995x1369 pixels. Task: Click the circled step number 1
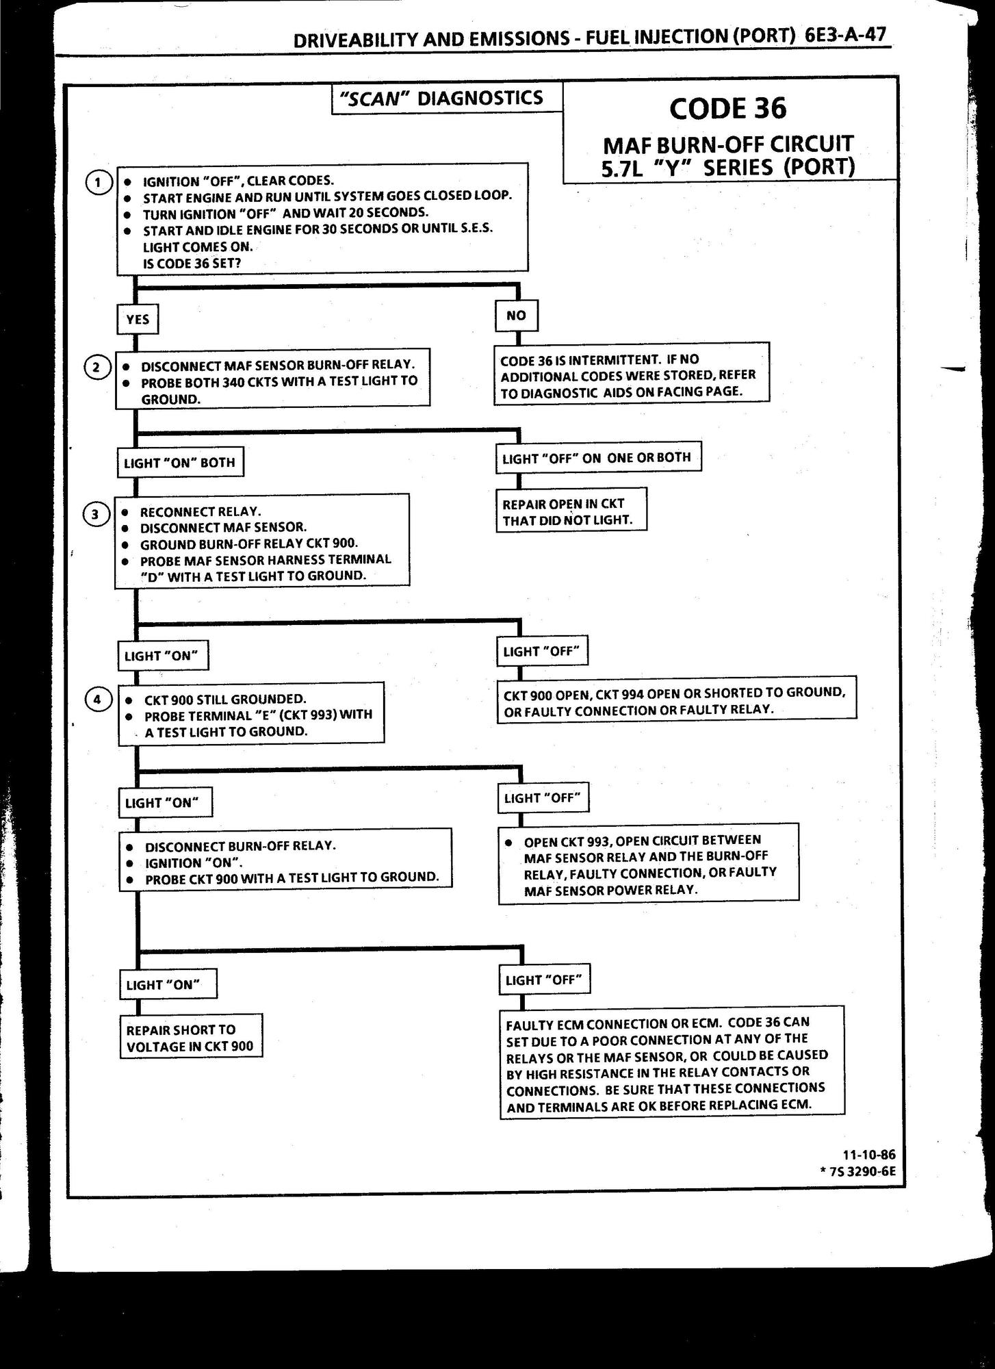[99, 183]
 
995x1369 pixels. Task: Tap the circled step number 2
[97, 368]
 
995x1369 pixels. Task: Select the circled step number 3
[96, 514]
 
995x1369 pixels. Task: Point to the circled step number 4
[98, 700]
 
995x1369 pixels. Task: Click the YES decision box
[138, 320]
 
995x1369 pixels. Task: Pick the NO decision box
[516, 316]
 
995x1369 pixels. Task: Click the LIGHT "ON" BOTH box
[180, 463]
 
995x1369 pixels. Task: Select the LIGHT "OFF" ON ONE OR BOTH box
[597, 458]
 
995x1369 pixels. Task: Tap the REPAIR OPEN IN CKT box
[571, 511]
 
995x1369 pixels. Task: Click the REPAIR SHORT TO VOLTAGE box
[191, 1038]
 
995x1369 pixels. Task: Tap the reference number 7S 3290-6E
[861, 1170]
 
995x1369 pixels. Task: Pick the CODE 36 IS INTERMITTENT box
[631, 375]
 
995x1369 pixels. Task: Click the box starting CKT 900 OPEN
[676, 700]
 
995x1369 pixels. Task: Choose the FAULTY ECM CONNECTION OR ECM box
[671, 1063]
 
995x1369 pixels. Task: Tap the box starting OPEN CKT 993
[649, 865]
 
